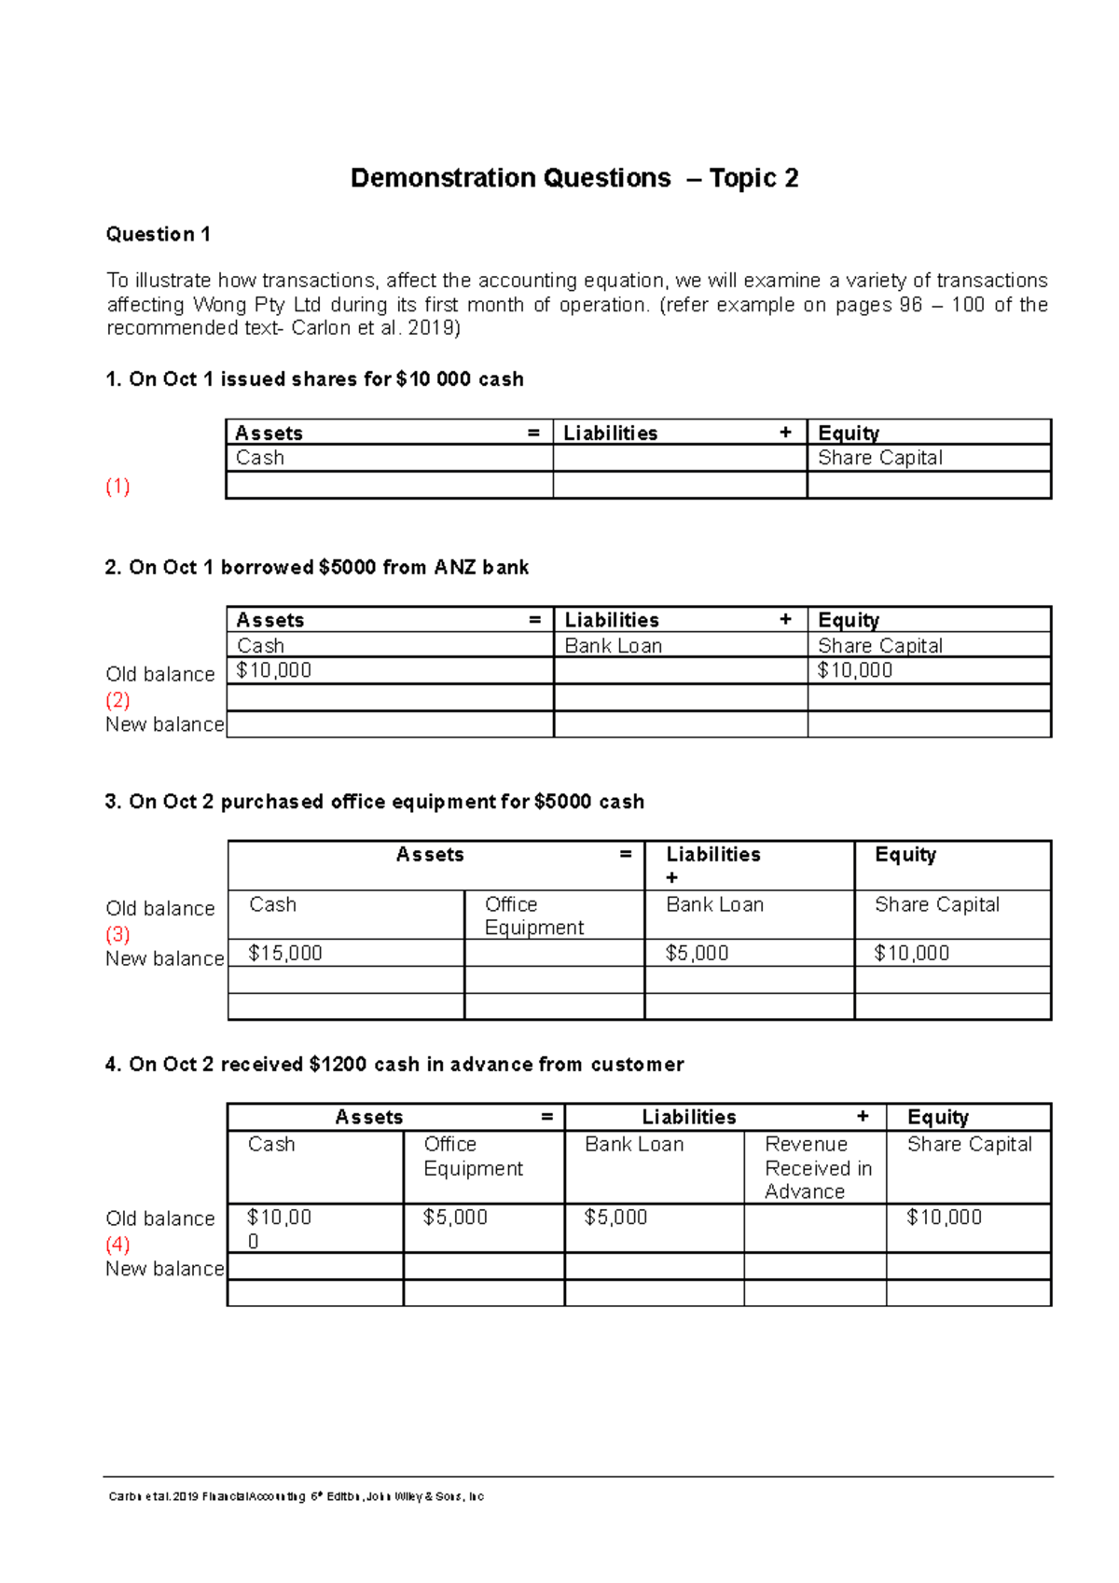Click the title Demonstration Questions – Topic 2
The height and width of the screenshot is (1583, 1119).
pyautogui.click(x=573, y=178)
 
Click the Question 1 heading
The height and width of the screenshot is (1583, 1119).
pyautogui.click(x=158, y=234)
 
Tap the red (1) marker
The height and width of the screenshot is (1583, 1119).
pyautogui.click(x=117, y=487)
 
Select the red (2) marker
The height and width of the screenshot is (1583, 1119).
pyautogui.click(x=117, y=700)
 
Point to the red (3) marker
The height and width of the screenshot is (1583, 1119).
pyautogui.click(x=117, y=934)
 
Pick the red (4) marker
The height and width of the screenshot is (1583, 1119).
pyautogui.click(x=117, y=1245)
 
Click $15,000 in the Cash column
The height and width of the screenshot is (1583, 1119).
pyautogui.click(x=285, y=953)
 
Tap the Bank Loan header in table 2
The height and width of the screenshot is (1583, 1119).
pyautogui.click(x=613, y=646)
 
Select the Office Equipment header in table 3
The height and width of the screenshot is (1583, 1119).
pyautogui.click(x=533, y=915)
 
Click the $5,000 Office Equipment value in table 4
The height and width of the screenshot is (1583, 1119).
pyautogui.click(x=455, y=1218)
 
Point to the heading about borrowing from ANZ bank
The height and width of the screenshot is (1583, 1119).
pyautogui.click(x=316, y=568)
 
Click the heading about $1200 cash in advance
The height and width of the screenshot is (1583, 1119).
pyautogui.click(x=394, y=1065)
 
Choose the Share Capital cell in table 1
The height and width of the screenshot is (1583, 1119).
pyautogui.click(x=879, y=458)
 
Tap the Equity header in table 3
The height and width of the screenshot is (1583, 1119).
pyautogui.click(x=905, y=855)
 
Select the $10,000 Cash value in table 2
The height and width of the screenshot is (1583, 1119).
pyautogui.click(x=274, y=670)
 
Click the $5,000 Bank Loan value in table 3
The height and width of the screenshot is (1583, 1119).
pyautogui.click(x=697, y=953)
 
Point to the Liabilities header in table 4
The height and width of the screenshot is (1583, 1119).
pyautogui.click(x=688, y=1117)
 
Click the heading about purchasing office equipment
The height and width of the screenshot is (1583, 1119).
pyautogui.click(x=374, y=802)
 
